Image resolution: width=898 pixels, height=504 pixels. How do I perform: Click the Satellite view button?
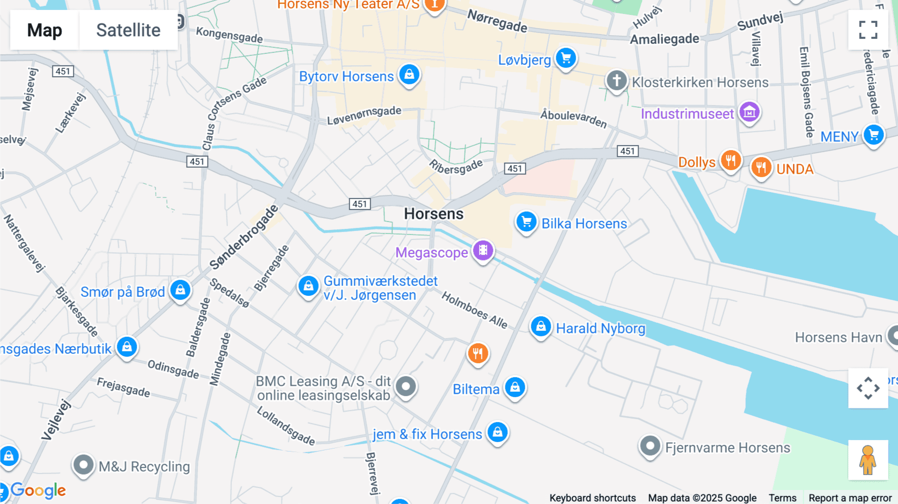pyautogui.click(x=128, y=30)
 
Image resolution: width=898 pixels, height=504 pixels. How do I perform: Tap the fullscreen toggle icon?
pyautogui.click(x=868, y=30)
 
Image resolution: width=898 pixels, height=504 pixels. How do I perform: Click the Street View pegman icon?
pyautogui.click(x=868, y=460)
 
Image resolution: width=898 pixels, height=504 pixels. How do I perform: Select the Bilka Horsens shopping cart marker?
pyautogui.click(x=526, y=222)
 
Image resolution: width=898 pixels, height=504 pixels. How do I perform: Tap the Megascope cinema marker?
pyautogui.click(x=483, y=251)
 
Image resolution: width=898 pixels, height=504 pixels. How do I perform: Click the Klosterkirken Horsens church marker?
pyautogui.click(x=617, y=80)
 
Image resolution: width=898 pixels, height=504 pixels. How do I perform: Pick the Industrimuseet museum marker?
pyautogui.click(x=749, y=112)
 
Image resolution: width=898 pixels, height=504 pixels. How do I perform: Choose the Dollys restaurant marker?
pyautogui.click(x=730, y=161)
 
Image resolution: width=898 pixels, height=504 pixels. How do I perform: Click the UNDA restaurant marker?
pyautogui.click(x=761, y=167)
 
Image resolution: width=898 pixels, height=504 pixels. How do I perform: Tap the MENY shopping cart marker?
pyautogui.click(x=874, y=135)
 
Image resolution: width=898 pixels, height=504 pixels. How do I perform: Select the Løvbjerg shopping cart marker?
pyautogui.click(x=566, y=58)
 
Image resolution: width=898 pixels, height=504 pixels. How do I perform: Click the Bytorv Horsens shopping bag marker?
pyautogui.click(x=410, y=75)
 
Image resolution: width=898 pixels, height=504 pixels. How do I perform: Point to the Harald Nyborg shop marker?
pyautogui.click(x=541, y=327)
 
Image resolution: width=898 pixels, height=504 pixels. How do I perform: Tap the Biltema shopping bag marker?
pyautogui.click(x=515, y=387)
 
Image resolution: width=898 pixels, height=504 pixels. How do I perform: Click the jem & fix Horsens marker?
pyautogui.click(x=497, y=432)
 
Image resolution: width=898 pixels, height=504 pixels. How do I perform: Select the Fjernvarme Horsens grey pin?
pyautogui.click(x=650, y=446)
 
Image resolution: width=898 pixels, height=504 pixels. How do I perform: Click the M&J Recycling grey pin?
pyautogui.click(x=83, y=465)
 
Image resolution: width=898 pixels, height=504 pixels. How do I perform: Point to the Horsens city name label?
pyautogui.click(x=434, y=214)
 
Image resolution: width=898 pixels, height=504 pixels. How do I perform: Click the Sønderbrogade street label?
pyautogui.click(x=243, y=238)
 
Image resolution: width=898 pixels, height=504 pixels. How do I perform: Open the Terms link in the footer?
pyautogui.click(x=782, y=498)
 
